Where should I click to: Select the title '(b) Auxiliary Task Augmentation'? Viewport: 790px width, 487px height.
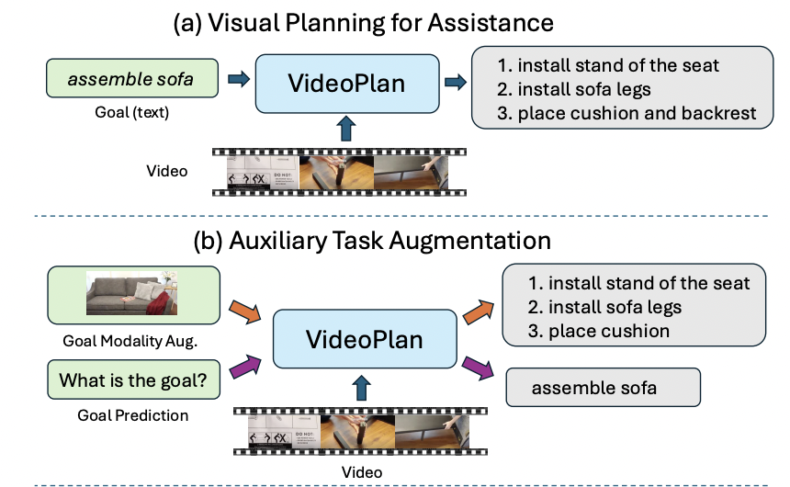[372, 242]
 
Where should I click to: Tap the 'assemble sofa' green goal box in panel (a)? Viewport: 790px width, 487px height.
[130, 80]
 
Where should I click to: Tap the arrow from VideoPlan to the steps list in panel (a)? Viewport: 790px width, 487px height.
[454, 82]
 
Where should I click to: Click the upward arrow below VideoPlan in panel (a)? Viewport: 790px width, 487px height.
[345, 129]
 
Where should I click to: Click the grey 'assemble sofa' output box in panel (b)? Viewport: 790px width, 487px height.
[603, 387]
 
